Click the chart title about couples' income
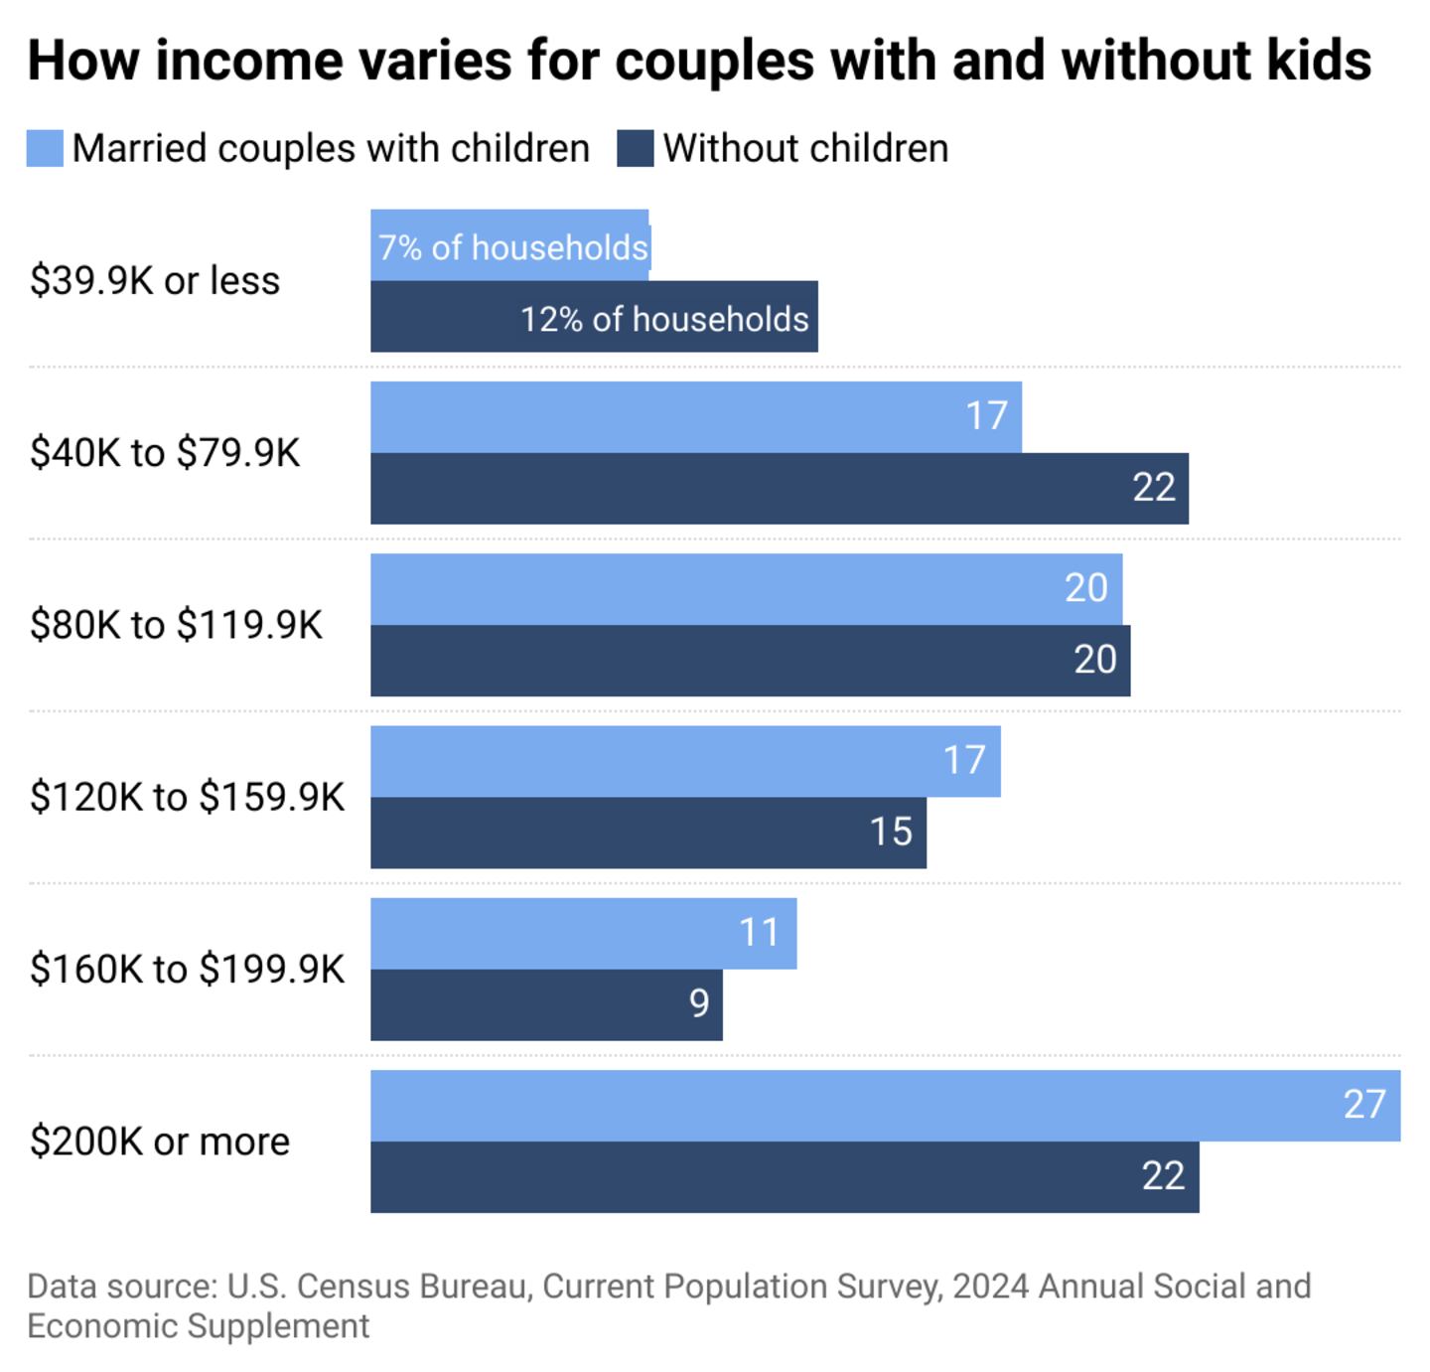(x=699, y=61)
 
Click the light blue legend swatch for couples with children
(x=45, y=149)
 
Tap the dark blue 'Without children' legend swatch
(x=635, y=149)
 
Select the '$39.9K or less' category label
(x=155, y=281)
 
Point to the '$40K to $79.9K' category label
(x=165, y=453)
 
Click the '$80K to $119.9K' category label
(x=176, y=625)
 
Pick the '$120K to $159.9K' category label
(x=187, y=797)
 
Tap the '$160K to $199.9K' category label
(x=187, y=969)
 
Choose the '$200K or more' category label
(x=160, y=1142)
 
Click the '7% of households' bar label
(x=512, y=247)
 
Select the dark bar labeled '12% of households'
(x=594, y=317)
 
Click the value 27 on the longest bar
(x=1363, y=1105)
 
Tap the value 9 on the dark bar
(x=699, y=1003)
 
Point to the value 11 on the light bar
(x=759, y=933)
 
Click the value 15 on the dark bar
(x=891, y=832)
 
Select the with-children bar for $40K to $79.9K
(x=695, y=417)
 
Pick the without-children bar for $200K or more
(x=785, y=1177)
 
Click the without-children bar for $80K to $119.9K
(x=750, y=661)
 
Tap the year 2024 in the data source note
(x=990, y=1287)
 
